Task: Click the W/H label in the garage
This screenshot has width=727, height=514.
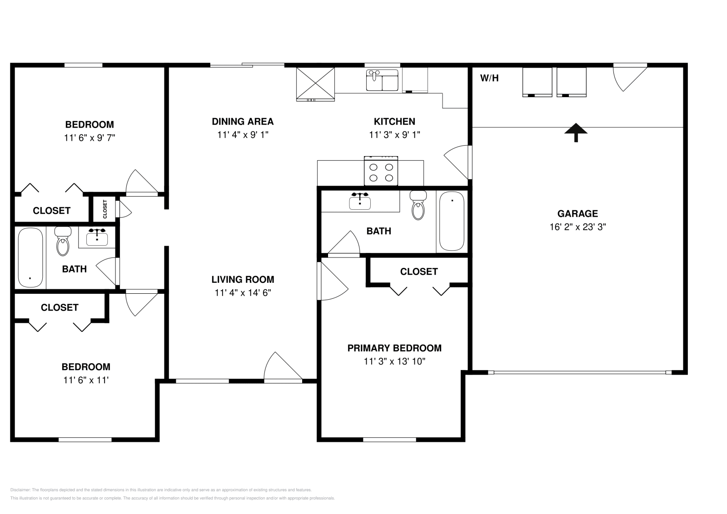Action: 489,78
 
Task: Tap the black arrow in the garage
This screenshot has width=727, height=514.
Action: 576,133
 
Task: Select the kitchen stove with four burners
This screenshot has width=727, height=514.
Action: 381,171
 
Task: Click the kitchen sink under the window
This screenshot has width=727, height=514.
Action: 382,80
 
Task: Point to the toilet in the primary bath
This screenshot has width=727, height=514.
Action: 418,205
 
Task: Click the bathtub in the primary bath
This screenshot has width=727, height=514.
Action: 452,221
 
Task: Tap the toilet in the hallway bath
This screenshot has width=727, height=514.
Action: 63,241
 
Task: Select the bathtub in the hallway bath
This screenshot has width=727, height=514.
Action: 30,258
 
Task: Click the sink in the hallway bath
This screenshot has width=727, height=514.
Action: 97,237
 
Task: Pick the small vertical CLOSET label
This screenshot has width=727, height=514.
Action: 105,209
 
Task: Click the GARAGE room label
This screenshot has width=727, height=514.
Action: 578,214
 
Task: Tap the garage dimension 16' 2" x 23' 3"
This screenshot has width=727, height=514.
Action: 578,227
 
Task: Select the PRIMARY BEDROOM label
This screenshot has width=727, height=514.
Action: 394,348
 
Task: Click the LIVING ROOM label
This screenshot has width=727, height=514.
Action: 243,280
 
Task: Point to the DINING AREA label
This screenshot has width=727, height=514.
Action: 243,122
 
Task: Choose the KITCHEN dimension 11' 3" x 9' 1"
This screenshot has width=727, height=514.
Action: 394,135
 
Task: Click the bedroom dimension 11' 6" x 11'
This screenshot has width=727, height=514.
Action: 86,380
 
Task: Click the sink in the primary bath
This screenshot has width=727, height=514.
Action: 360,202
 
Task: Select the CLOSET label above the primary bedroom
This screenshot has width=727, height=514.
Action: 418,272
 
